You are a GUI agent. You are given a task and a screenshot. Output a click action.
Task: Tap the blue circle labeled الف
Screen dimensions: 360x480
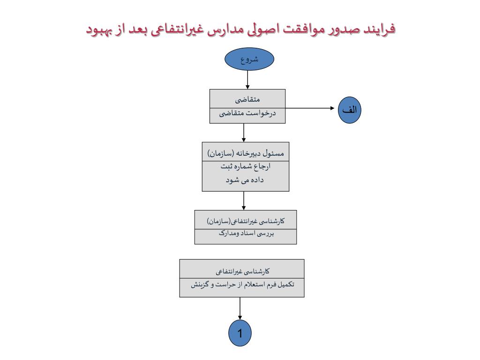349,110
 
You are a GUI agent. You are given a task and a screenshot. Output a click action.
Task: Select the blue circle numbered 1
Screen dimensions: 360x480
240,334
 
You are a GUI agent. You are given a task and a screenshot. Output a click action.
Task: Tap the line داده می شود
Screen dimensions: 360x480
246,180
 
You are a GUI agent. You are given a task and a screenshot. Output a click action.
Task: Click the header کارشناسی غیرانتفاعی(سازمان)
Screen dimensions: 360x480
246,220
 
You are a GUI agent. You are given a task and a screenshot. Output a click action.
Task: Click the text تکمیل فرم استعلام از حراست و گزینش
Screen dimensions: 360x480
242,284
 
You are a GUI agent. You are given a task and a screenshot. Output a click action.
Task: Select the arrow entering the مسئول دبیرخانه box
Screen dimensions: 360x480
244,133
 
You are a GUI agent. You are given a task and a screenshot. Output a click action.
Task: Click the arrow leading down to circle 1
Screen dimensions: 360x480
240,309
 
